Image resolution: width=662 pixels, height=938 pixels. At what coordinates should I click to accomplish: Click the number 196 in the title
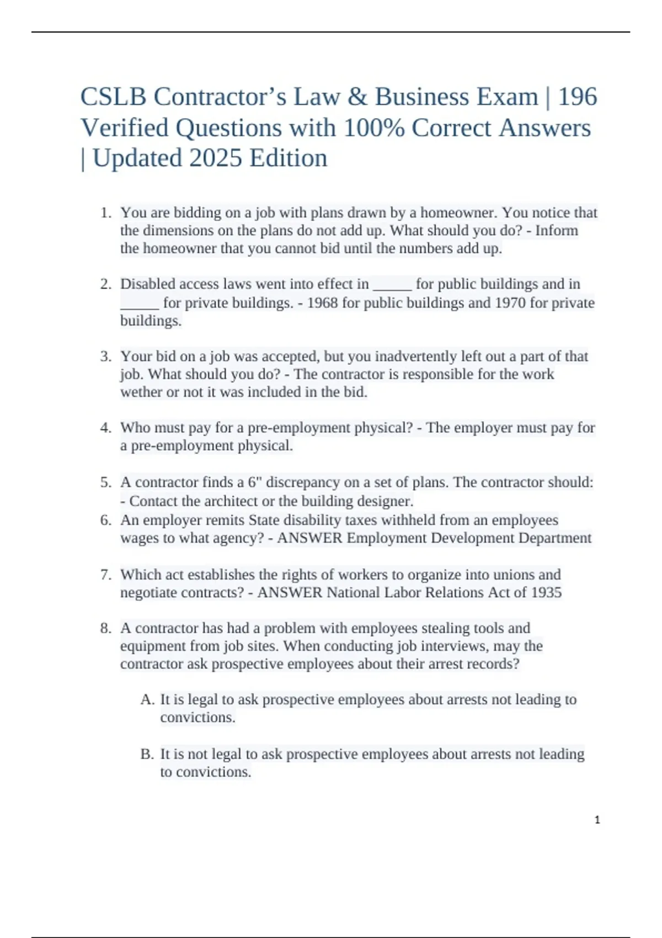pos(578,97)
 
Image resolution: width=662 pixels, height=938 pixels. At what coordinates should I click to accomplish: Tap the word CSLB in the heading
pos(113,97)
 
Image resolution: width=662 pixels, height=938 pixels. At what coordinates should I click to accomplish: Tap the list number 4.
pos(106,428)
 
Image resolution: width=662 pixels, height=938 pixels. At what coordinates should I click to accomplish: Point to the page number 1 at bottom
pos(597,820)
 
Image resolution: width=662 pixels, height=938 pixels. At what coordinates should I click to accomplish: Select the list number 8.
pos(106,628)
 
